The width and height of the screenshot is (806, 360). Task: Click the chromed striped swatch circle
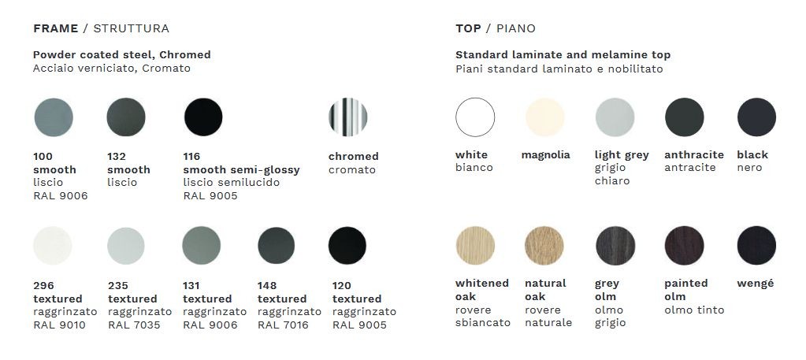348,117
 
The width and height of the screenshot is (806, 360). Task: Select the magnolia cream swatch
545,117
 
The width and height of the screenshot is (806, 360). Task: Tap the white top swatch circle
475,117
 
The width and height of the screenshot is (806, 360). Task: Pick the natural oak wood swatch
544,246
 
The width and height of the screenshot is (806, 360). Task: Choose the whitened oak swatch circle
475,246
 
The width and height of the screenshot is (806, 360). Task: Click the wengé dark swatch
756,246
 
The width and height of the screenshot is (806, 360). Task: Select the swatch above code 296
53,246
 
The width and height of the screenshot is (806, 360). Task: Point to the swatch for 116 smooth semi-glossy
203,117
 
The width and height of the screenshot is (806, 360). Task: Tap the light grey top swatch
615,117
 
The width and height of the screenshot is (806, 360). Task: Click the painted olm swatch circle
684,246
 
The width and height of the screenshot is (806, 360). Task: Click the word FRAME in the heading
55,29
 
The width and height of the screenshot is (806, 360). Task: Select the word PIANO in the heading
515,29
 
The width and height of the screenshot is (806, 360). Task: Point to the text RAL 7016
283,325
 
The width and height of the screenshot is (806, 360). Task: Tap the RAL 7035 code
134,325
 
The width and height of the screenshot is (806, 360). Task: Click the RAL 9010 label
59,325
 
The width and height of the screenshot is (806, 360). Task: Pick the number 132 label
117,156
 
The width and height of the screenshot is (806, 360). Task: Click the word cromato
352,169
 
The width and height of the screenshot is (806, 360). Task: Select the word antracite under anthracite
690,168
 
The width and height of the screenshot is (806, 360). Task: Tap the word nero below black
749,168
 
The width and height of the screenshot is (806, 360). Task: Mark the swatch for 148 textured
277,246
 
